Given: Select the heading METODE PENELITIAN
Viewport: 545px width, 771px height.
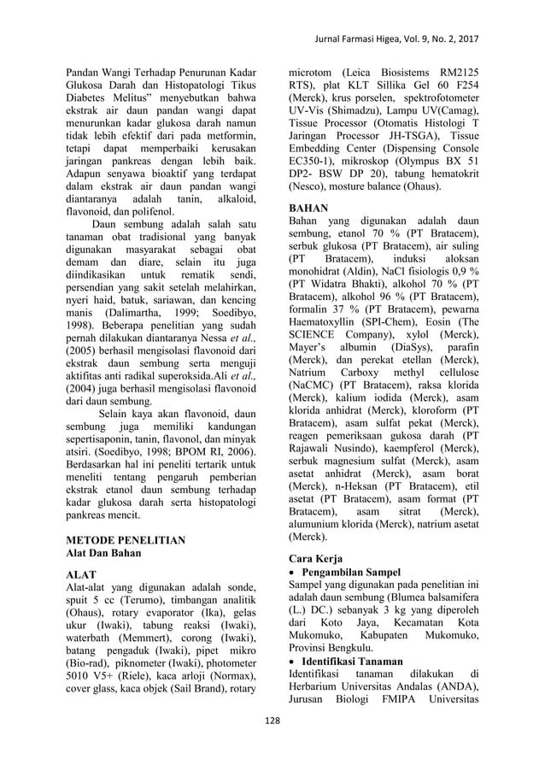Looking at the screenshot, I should pyautogui.click(x=126, y=540).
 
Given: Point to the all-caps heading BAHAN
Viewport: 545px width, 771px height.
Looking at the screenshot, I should pyautogui.click(x=308, y=207).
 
